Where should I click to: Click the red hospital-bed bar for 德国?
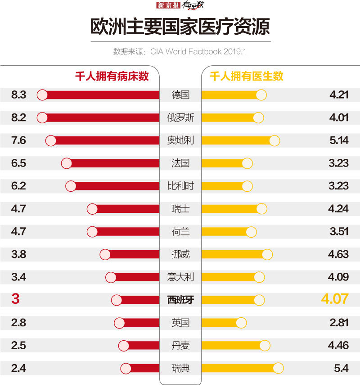click(101, 95)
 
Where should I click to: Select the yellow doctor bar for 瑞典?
click(238, 368)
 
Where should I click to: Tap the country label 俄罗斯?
click(180, 118)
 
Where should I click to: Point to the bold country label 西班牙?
click(180, 300)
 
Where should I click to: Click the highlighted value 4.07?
click(335, 299)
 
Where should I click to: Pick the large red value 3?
click(15, 299)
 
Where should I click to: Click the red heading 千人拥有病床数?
click(112, 77)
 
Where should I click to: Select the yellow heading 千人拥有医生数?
click(247, 77)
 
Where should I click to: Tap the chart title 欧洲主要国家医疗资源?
click(180, 27)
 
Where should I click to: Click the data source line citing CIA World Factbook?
click(180, 51)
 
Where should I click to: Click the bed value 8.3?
click(19, 95)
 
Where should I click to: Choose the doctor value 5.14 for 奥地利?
click(339, 140)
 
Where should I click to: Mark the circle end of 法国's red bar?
click(66, 163)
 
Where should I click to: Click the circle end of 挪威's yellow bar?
click(267, 254)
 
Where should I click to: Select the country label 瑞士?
click(180, 209)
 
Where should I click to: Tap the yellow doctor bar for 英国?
click(220, 323)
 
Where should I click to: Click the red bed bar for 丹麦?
click(141, 346)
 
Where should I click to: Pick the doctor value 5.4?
click(342, 368)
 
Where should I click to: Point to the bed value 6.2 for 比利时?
click(19, 186)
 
